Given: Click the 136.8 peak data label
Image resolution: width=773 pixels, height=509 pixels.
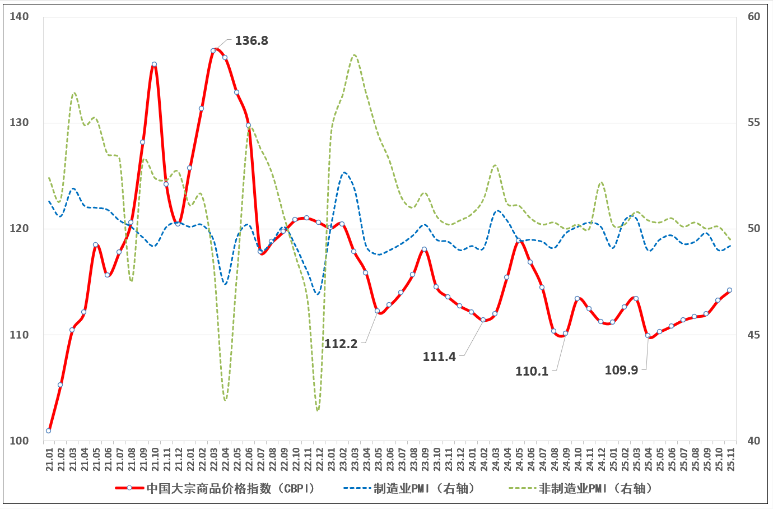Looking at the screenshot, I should pyautogui.click(x=251, y=41).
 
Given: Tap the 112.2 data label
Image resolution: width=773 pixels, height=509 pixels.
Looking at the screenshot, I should pyautogui.click(x=341, y=344).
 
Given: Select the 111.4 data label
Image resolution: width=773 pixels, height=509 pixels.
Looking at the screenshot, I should pyautogui.click(x=439, y=357).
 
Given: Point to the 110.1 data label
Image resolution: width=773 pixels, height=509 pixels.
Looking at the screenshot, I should pyautogui.click(x=532, y=372).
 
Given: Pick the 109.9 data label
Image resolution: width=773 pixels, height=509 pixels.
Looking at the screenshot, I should pyautogui.click(x=621, y=371).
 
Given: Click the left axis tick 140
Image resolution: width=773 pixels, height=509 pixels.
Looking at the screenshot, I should pyautogui.click(x=19, y=17).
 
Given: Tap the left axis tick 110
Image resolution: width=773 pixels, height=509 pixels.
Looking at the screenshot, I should pyautogui.click(x=19, y=335).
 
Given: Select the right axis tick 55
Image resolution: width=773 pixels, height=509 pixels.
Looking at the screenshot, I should pyautogui.click(x=754, y=123).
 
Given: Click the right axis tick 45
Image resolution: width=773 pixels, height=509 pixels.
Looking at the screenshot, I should pyautogui.click(x=754, y=335).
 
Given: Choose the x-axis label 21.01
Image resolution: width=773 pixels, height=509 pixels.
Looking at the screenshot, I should pyautogui.click(x=49, y=459).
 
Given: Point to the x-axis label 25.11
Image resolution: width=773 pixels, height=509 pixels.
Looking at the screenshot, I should pyautogui.click(x=730, y=459).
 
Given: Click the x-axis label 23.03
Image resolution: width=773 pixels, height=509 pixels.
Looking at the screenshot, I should pyautogui.click(x=355, y=459).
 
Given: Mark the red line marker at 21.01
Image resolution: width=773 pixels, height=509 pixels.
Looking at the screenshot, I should pyautogui.click(x=49, y=431).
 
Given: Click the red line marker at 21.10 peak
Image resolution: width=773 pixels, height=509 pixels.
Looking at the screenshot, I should pyautogui.click(x=154, y=64).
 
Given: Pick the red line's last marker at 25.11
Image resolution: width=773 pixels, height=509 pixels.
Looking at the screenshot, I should pyautogui.click(x=729, y=290).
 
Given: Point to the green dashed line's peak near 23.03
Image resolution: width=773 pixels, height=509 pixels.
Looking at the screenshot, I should pyautogui.click(x=355, y=55).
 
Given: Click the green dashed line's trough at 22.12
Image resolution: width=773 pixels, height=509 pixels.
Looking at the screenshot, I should pyautogui.click(x=318, y=410).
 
